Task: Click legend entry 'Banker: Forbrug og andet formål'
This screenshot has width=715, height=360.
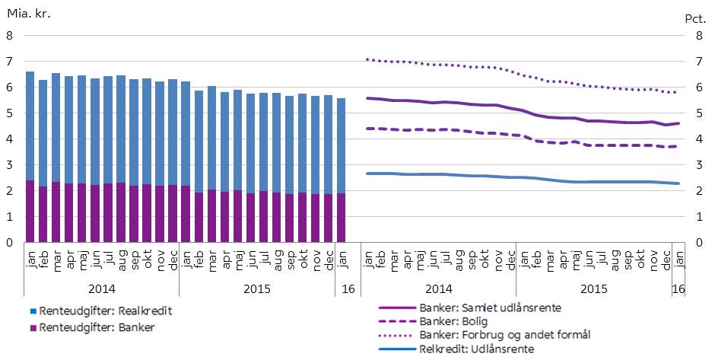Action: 505,335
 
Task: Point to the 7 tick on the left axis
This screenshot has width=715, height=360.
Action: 9,61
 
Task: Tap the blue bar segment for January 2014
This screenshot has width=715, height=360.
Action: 30,126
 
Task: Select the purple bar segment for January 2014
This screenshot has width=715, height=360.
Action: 30,212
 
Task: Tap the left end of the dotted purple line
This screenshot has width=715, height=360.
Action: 367,59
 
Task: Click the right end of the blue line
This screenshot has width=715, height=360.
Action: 679,183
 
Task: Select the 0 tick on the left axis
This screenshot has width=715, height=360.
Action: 9,243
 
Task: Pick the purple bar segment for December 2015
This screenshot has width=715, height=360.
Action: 329,218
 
